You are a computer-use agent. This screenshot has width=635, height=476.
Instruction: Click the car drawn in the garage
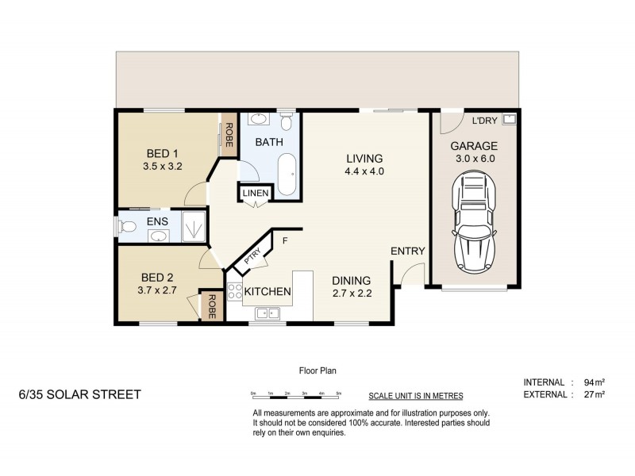pos(475,223)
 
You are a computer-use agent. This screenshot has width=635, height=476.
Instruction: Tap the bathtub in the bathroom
pos(287,174)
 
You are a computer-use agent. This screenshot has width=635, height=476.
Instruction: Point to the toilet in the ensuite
pos(128,227)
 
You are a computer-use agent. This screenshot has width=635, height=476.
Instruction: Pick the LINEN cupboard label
pos(256,193)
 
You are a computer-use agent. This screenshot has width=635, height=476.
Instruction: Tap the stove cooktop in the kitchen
pos(235,292)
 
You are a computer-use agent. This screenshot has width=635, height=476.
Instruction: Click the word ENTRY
pos(408,251)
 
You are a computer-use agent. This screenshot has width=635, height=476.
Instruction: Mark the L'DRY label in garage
pos(485,121)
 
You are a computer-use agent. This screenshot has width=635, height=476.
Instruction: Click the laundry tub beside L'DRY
pos(509,121)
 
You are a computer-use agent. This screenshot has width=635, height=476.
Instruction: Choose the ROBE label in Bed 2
pos(212,306)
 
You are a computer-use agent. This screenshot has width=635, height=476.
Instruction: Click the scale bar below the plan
pos(295,394)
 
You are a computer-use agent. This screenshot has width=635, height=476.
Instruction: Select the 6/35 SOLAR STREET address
pos(79,393)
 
